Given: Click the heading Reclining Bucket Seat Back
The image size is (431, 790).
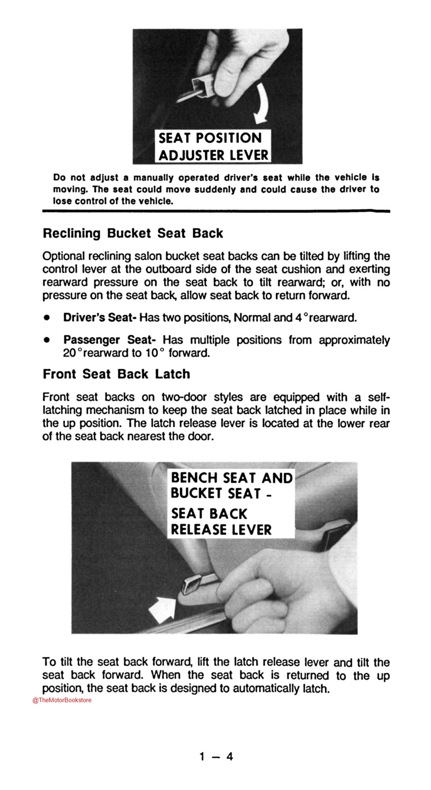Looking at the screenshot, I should click(x=133, y=234).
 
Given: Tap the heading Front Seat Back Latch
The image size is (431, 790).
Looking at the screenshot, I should click(x=117, y=374).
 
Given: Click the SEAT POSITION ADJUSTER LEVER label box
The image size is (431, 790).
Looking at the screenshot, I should click(x=213, y=147).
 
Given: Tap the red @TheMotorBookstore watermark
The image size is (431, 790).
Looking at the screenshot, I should click(x=62, y=700).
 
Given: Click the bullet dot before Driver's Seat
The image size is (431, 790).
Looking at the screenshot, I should click(x=47, y=318).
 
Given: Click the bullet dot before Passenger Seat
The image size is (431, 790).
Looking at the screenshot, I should click(x=47, y=341).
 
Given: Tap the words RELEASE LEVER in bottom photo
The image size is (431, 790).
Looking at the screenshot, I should click(x=221, y=529).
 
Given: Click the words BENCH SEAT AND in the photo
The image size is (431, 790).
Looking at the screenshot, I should click(x=232, y=478).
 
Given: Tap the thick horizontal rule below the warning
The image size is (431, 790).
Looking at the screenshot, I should click(x=216, y=211).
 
